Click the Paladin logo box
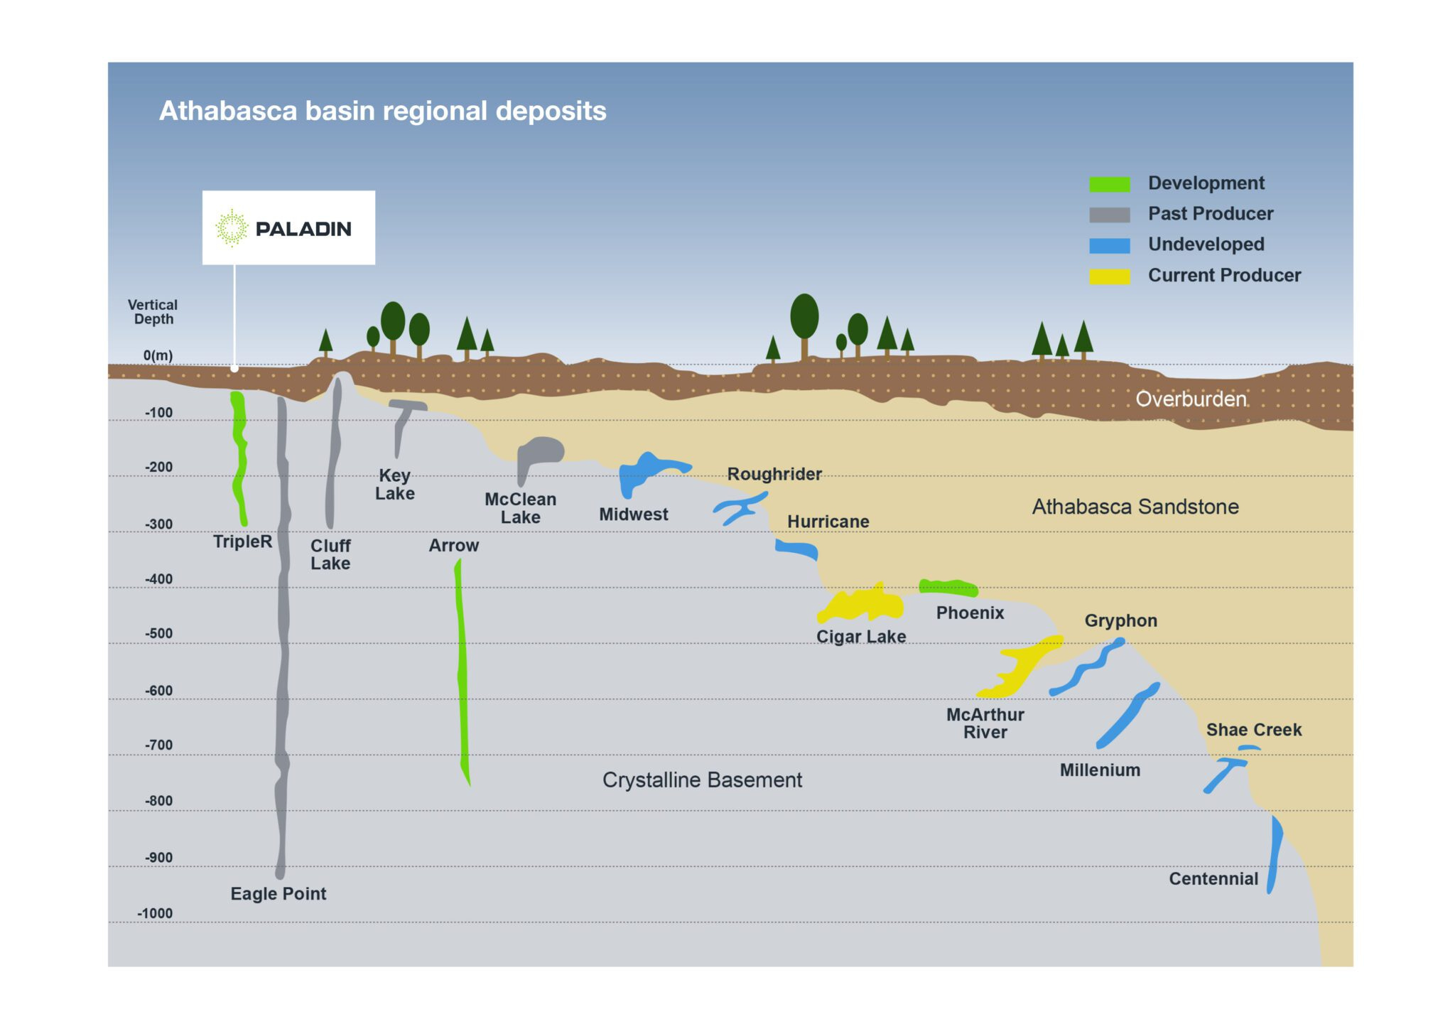[288, 228]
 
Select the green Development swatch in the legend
[1109, 184]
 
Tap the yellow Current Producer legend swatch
[1109, 276]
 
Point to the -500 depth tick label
[159, 634]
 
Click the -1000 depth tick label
[155, 914]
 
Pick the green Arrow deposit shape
[462, 668]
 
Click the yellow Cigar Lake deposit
[861, 605]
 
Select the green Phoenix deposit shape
[948, 587]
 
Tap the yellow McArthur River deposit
[1020, 668]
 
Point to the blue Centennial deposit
[1275, 853]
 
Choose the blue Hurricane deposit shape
[797, 549]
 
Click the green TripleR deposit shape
[239, 455]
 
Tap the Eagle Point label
[278, 894]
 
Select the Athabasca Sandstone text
[1135, 507]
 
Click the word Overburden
[1191, 399]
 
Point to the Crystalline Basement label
[702, 780]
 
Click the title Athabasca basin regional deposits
[383, 111]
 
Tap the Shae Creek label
[1254, 730]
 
